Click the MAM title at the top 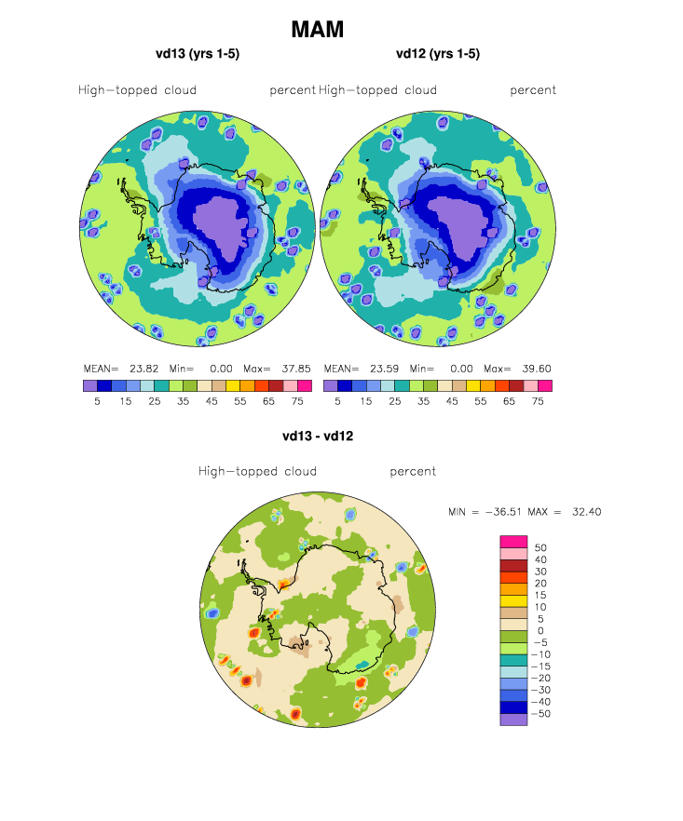(x=318, y=30)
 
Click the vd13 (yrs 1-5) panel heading (x=198, y=54)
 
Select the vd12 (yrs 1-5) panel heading (x=438, y=54)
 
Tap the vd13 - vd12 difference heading (x=318, y=435)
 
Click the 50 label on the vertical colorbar (x=540, y=547)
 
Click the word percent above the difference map (x=413, y=471)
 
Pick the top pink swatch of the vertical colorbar (x=514, y=541)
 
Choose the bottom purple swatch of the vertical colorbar (x=514, y=720)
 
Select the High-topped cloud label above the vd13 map (x=137, y=90)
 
